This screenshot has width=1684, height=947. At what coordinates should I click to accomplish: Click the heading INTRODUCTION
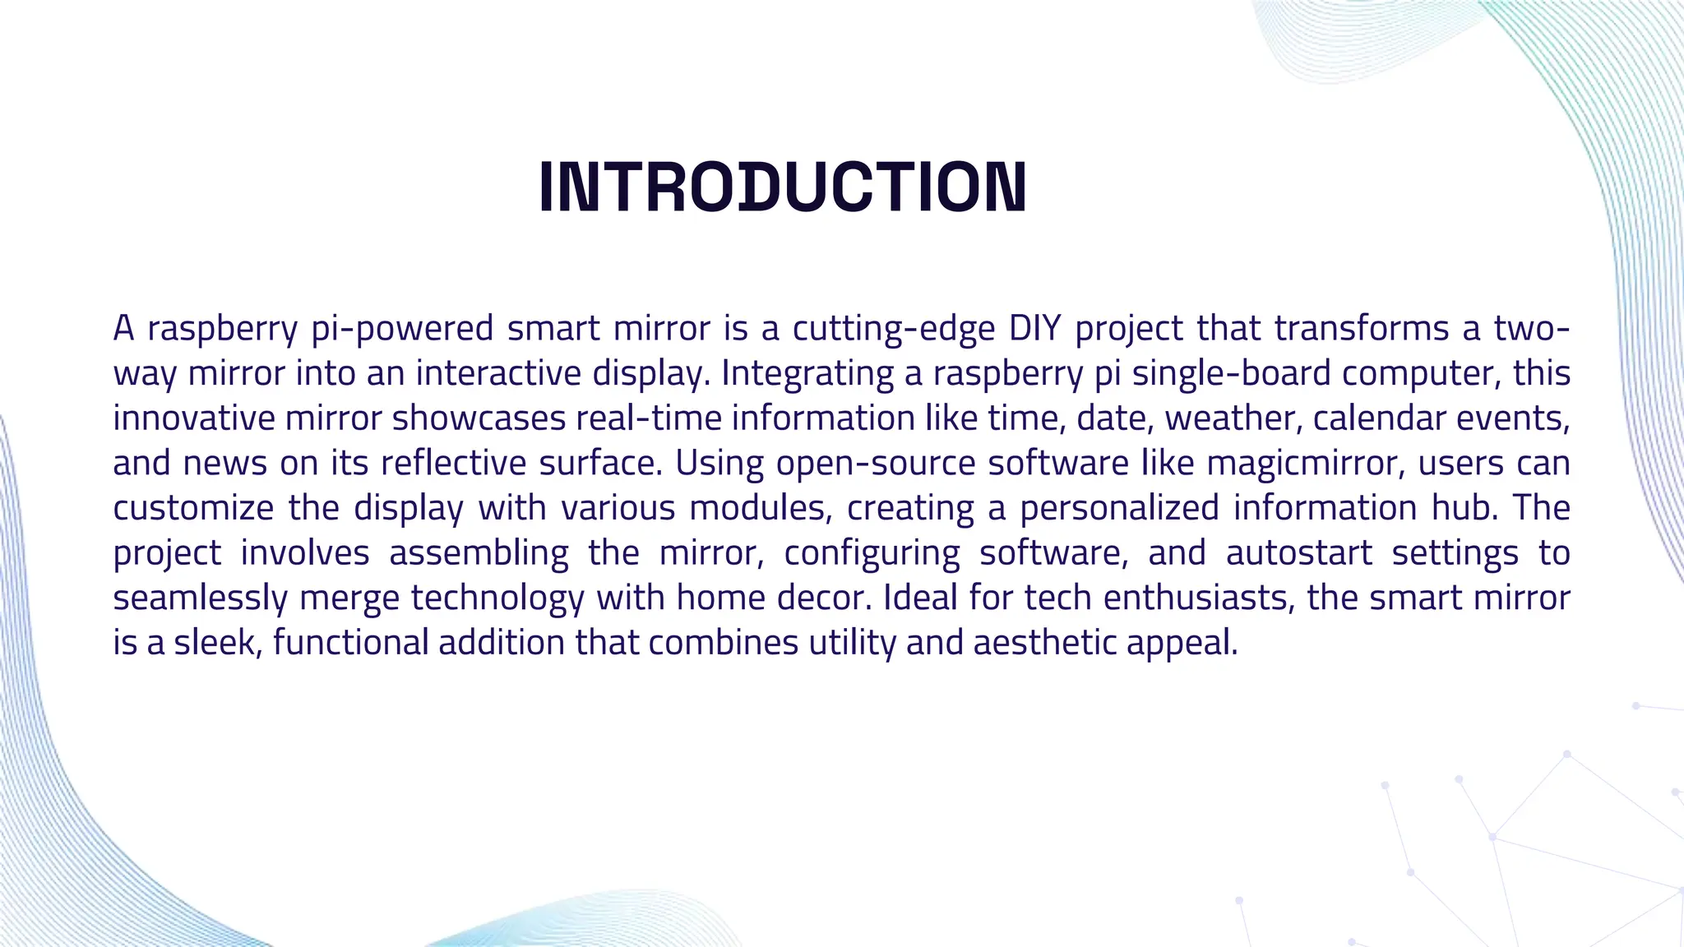pyautogui.click(x=782, y=187)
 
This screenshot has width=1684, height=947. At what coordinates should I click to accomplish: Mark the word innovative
pyautogui.click(x=194, y=418)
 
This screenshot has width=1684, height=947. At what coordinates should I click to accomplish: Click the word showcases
pyautogui.click(x=479, y=418)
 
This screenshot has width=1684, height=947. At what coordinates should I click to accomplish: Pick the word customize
pyautogui.click(x=193, y=508)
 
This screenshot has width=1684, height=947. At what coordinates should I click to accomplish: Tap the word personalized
pyautogui.click(x=1119, y=508)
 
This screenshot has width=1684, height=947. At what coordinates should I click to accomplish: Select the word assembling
pyautogui.click(x=479, y=553)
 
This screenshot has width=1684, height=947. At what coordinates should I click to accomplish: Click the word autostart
pyautogui.click(x=1299, y=553)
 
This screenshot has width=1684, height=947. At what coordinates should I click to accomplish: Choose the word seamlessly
pyautogui.click(x=200, y=598)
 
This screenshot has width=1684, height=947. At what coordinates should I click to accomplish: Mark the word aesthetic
pyautogui.click(x=1044, y=643)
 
